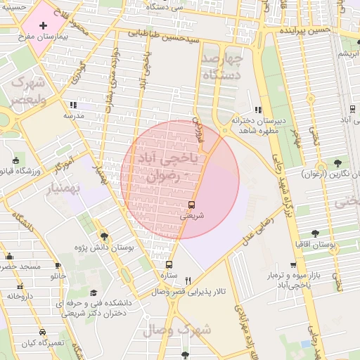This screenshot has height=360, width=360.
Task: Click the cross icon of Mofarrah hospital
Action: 44,25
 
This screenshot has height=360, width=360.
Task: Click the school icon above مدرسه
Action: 73,105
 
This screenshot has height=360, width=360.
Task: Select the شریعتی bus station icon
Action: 191,205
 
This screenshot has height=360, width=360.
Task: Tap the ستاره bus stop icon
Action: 169,265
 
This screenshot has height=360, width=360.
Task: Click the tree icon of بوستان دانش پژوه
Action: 105,236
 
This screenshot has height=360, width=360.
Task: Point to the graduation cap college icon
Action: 94,293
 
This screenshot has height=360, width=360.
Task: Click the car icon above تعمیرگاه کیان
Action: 42,332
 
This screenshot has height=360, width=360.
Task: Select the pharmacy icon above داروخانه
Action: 20,285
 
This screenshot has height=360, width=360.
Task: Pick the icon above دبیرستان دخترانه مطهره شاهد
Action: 258,110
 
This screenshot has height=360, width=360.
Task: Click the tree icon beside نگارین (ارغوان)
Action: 338,163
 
